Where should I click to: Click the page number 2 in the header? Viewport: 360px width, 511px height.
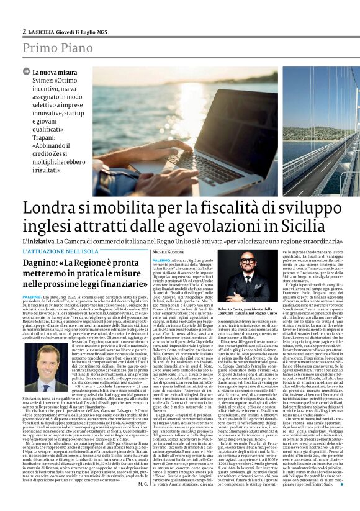(x=24, y=31)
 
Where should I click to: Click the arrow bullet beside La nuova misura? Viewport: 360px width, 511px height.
(x=27, y=73)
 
